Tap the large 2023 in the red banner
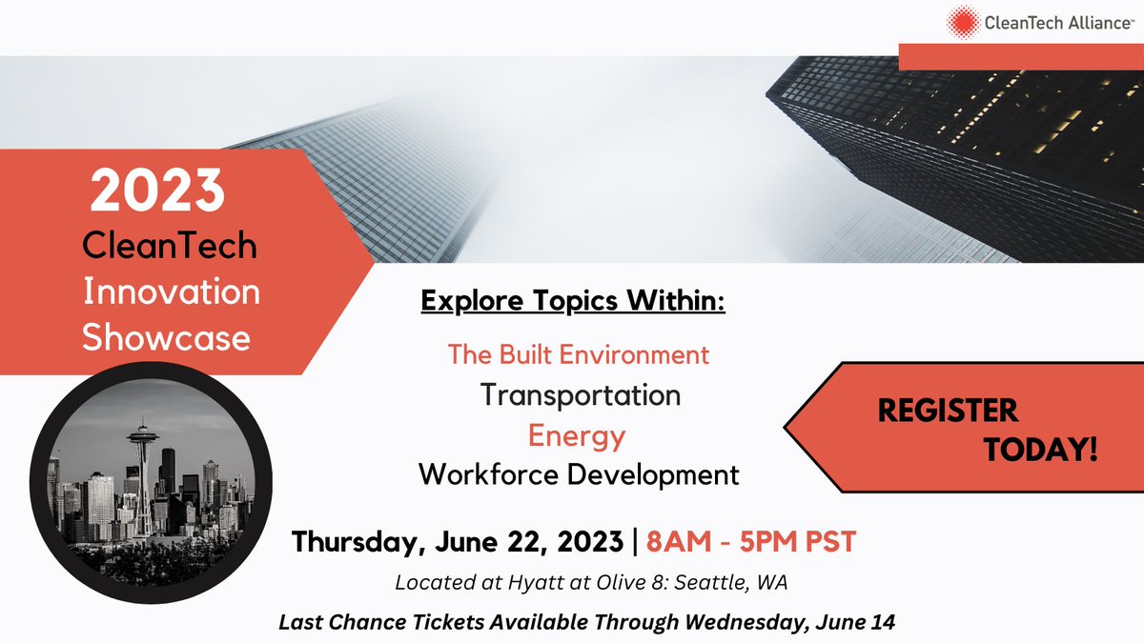pyautogui.click(x=158, y=192)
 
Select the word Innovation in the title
pyautogui.click(x=172, y=291)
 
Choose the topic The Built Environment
pyautogui.click(x=579, y=355)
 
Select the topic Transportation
pyautogui.click(x=581, y=394)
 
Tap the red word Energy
pyautogui.click(x=578, y=435)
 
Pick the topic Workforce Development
pyautogui.click(x=580, y=473)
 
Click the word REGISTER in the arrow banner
pyautogui.click(x=948, y=411)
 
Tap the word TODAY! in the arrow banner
pyautogui.click(x=1042, y=450)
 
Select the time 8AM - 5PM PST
pyautogui.click(x=751, y=541)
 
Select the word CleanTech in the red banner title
pyautogui.click(x=170, y=246)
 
